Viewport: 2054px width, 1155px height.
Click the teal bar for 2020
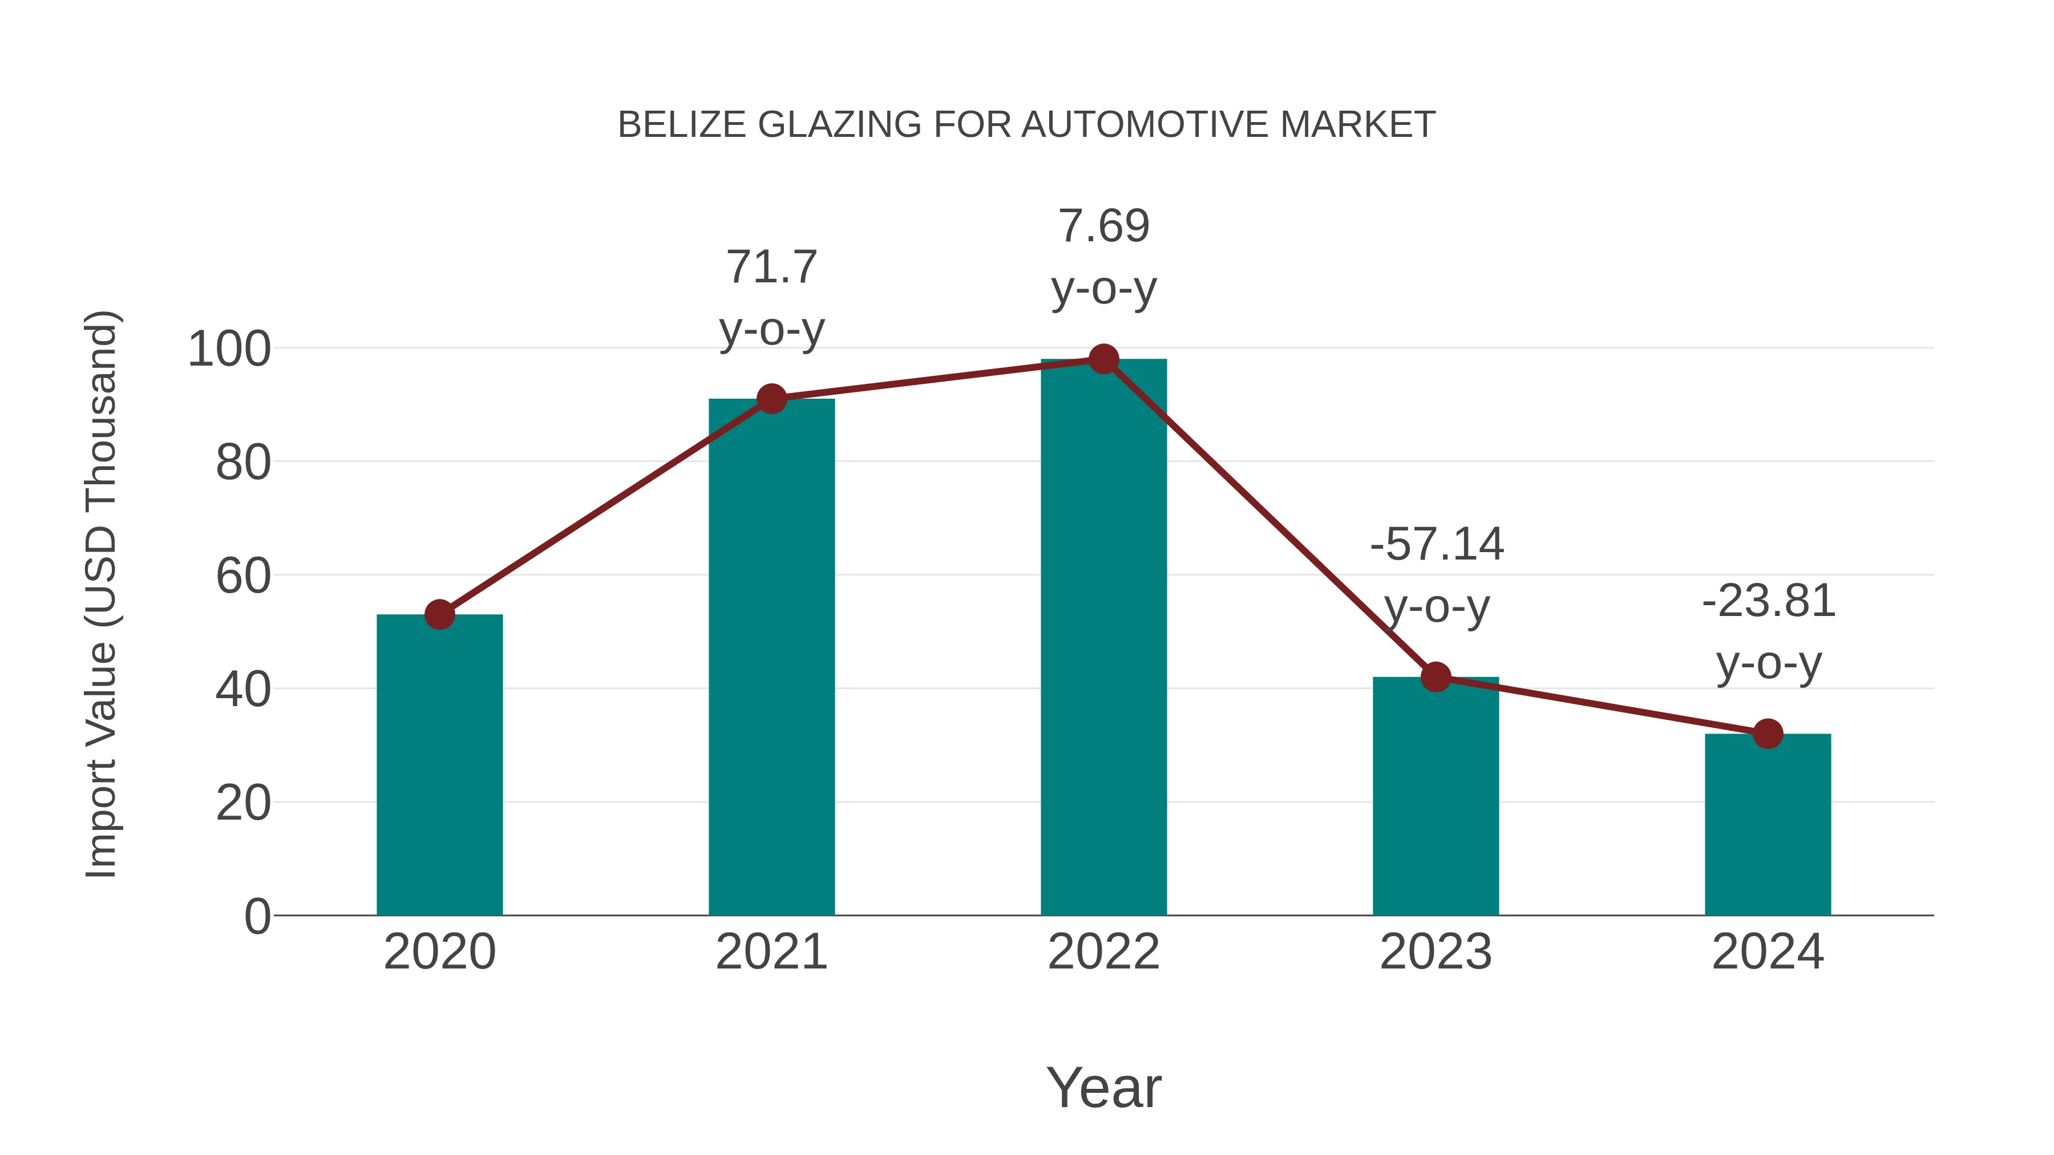coord(439,765)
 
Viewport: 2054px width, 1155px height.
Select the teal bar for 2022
coord(1103,638)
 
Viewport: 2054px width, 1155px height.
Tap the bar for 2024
coord(1768,824)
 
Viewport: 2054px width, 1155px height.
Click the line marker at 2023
coord(1436,676)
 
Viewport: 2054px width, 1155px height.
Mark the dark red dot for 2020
coord(439,614)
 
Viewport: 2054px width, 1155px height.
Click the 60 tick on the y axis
coord(243,576)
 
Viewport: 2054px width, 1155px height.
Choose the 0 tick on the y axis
coord(257,917)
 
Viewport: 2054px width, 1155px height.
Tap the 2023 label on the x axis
coord(1436,952)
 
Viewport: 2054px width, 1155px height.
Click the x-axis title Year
coord(1103,1087)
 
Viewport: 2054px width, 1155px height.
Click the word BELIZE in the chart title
coord(682,125)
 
